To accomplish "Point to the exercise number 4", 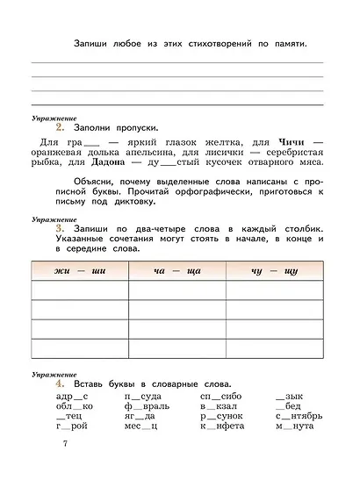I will (x=59, y=383).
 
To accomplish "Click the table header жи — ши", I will (x=79, y=271).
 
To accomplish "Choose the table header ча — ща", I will (x=176, y=271).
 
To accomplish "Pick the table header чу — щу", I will (x=274, y=271).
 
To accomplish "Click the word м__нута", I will (x=294, y=426).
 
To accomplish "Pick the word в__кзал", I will (x=220, y=406).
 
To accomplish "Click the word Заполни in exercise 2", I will (x=96, y=128).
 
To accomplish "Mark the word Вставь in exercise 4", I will (x=91, y=383).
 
